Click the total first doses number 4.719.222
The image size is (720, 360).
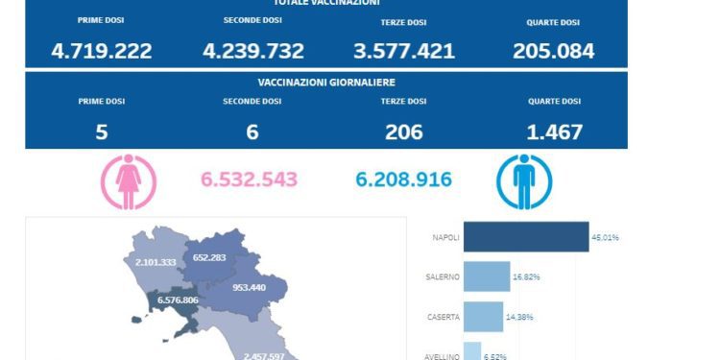click(x=101, y=51)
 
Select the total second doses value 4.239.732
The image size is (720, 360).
click(x=252, y=51)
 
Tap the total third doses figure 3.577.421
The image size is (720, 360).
click(x=403, y=51)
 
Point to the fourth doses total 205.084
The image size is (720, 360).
click(x=554, y=51)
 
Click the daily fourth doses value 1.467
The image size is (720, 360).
click(x=554, y=132)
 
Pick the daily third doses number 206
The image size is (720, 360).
click(x=403, y=132)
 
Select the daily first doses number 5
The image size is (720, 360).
click(x=101, y=132)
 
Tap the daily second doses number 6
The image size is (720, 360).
click(x=252, y=132)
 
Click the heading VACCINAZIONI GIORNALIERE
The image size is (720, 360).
click(x=326, y=83)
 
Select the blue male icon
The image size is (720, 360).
click(x=524, y=182)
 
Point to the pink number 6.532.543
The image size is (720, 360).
click(x=249, y=180)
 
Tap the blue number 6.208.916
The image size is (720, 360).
click(x=403, y=180)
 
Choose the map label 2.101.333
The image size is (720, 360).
click(x=155, y=262)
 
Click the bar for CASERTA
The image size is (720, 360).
click(x=483, y=317)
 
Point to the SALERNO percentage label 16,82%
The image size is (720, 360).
click(x=525, y=276)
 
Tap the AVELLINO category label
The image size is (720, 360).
click(x=443, y=356)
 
